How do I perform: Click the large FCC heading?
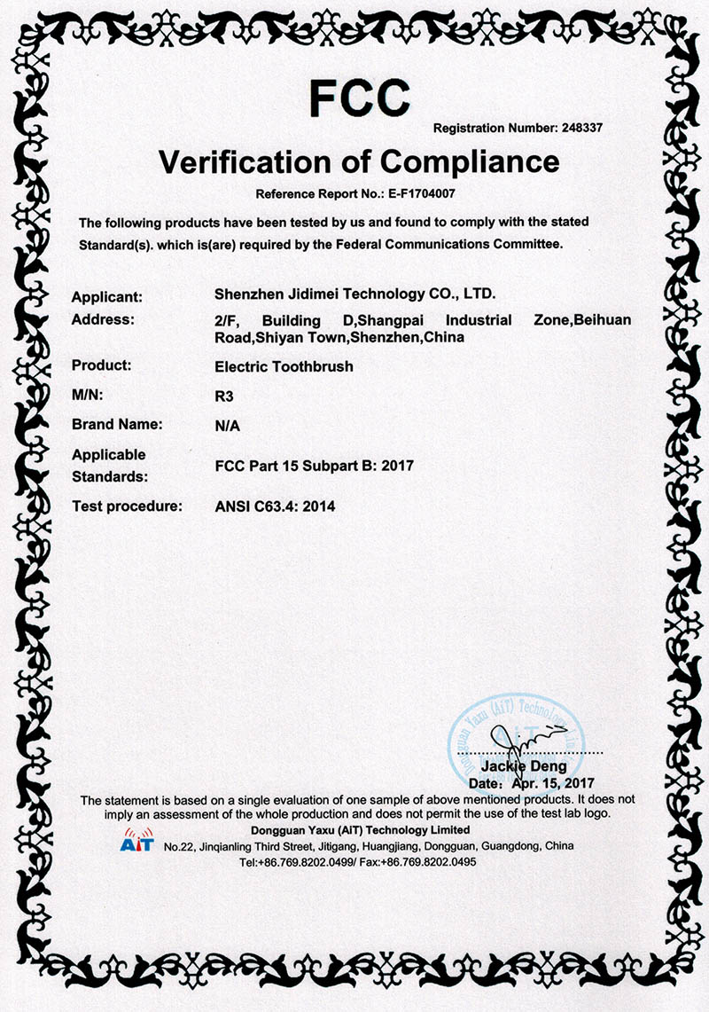point(359,97)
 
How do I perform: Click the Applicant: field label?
point(107,296)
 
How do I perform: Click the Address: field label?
point(103,319)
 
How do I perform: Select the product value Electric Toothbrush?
point(284,365)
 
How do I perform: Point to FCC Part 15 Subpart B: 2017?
point(315,465)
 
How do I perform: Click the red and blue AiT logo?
point(136,840)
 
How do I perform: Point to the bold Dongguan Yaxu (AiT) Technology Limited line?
point(361,830)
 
